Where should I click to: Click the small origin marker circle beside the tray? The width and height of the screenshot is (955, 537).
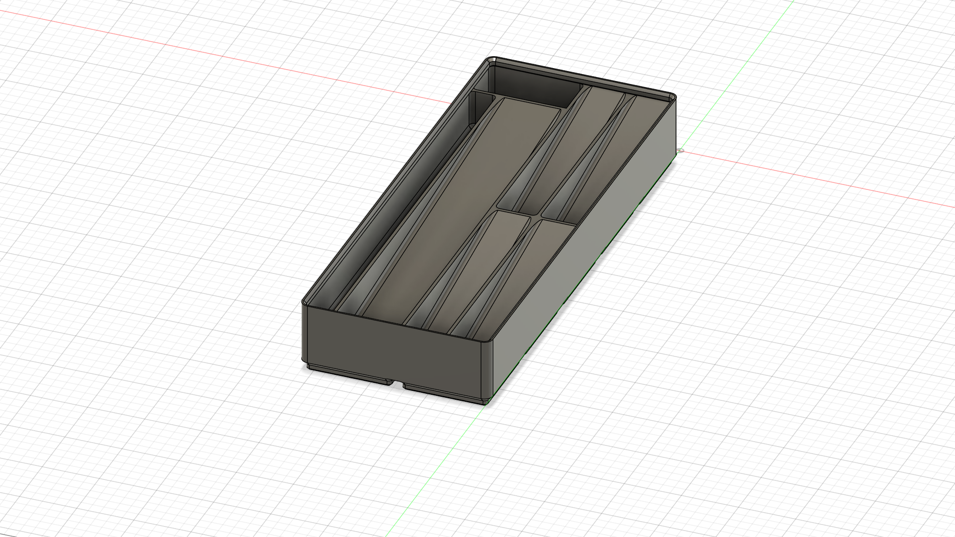click(x=681, y=150)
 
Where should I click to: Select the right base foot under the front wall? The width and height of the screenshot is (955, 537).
click(x=443, y=393)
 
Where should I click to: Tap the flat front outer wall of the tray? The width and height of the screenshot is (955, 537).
click(x=393, y=343)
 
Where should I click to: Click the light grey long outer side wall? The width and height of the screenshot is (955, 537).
click(x=587, y=239)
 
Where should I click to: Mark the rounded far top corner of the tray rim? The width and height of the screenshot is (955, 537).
click(x=672, y=96)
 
